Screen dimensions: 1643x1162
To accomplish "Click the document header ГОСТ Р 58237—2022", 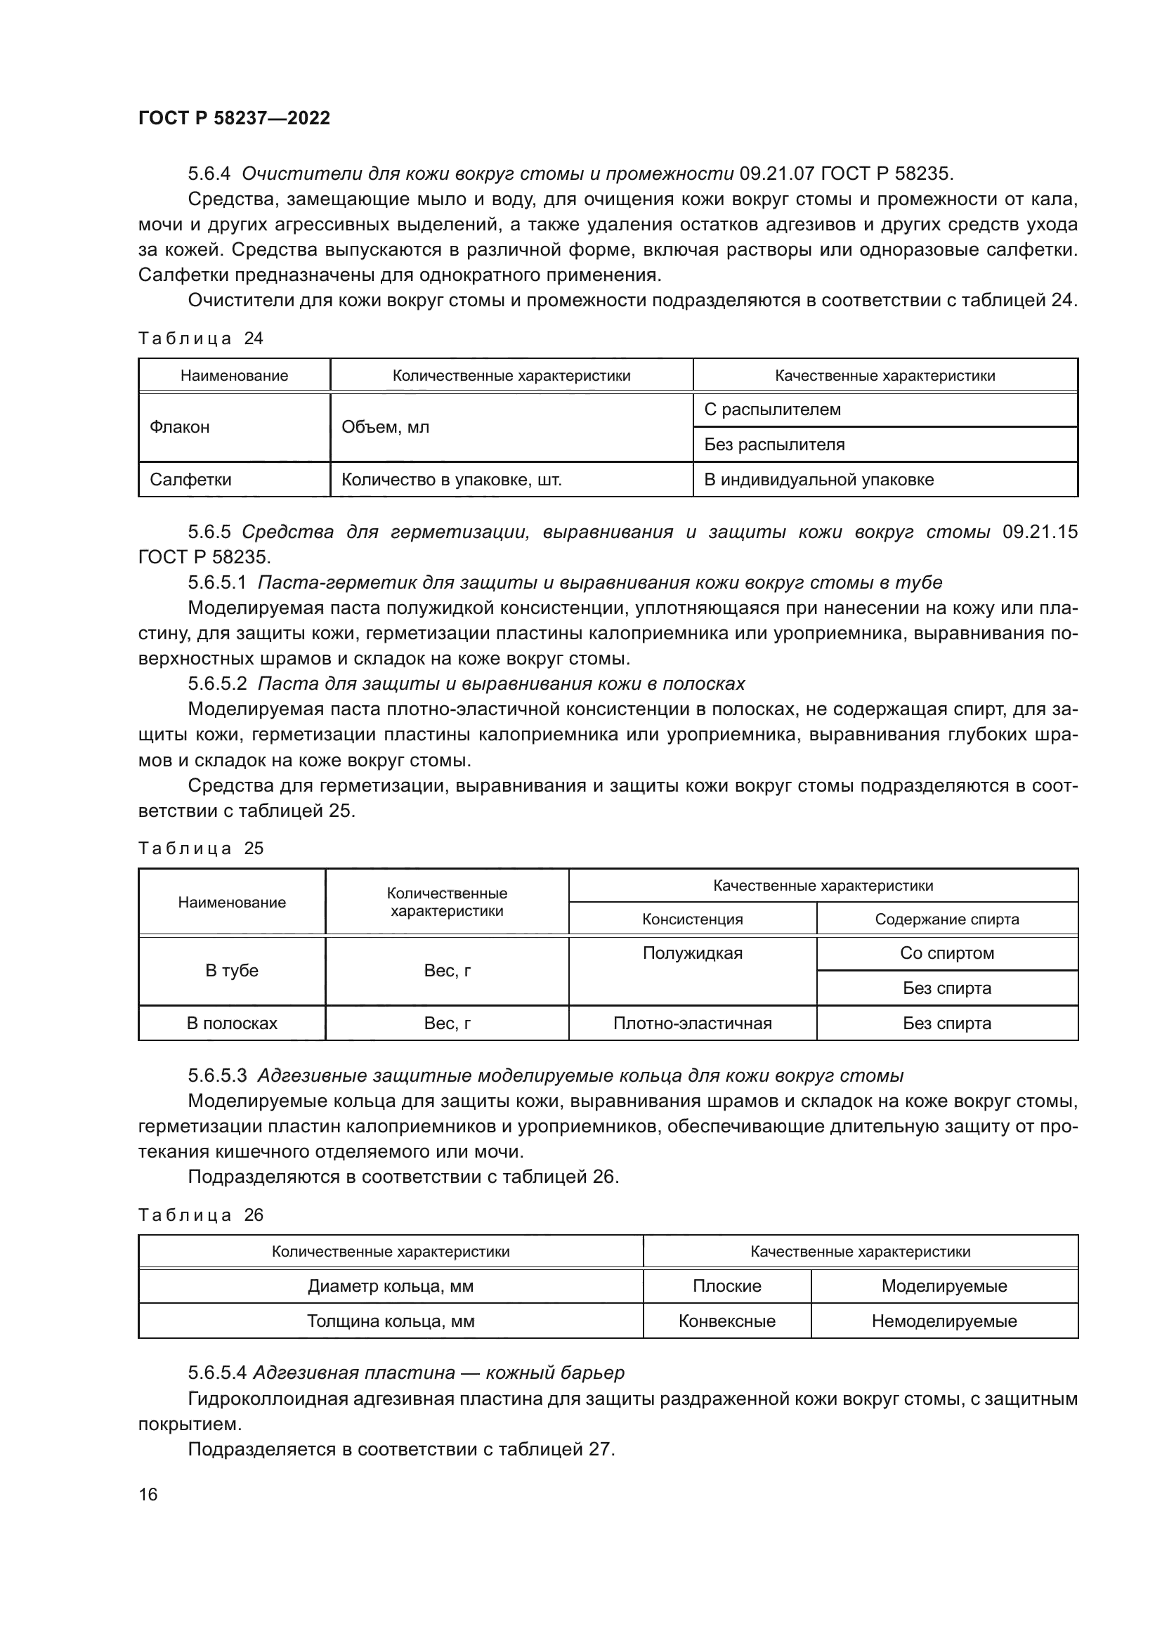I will pyautogui.click(x=234, y=119).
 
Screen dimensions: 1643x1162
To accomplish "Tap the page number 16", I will pyautogui.click(x=148, y=1494).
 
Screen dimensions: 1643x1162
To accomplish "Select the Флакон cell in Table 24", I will pyautogui.click(x=180, y=427).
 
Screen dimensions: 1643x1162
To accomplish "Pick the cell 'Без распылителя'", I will pyautogui.click(x=774, y=445).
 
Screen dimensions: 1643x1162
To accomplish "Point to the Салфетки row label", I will pyautogui.click(x=190, y=480).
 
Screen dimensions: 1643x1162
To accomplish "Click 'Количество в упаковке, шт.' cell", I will pyautogui.click(x=452, y=480).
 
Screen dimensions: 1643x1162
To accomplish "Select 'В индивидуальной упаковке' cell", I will pyautogui.click(x=818, y=480).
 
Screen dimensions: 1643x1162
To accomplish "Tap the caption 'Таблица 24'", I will pyautogui.click(x=200, y=339).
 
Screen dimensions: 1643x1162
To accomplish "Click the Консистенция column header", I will pyautogui.click(x=692, y=919).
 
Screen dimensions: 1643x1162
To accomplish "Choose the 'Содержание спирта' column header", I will pyautogui.click(x=946, y=919).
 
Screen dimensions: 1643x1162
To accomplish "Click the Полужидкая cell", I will pyautogui.click(x=692, y=953).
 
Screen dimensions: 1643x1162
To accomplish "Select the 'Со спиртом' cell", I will pyautogui.click(x=946, y=953).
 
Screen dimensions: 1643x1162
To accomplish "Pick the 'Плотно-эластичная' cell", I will pyautogui.click(x=692, y=1023).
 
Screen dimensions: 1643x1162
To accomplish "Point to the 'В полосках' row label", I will pyautogui.click(x=232, y=1023).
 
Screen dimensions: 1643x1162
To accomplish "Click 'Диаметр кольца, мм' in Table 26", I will pyautogui.click(x=391, y=1286).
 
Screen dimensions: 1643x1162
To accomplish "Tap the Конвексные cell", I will pyautogui.click(x=726, y=1321).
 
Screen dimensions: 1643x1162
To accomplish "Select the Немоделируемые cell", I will pyautogui.click(x=944, y=1321).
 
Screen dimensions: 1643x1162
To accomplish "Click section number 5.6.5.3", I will pyautogui.click(x=217, y=1075).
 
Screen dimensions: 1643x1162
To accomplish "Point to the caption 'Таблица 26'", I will pyautogui.click(x=200, y=1215).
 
